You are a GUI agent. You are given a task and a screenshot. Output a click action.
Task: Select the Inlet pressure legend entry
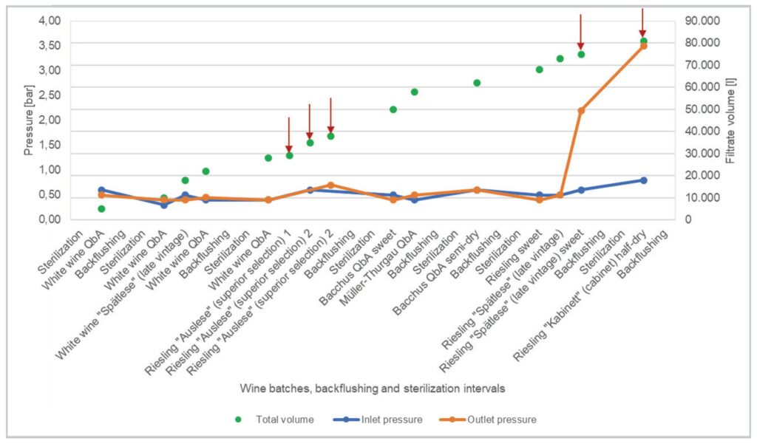click(x=392, y=420)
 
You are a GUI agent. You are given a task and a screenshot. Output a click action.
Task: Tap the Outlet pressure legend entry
click(x=501, y=420)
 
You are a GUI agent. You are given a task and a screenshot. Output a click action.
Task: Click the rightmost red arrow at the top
click(x=643, y=22)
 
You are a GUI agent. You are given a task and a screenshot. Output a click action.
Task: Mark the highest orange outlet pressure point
click(x=643, y=46)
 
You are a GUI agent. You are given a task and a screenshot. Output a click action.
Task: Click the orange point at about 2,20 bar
click(x=581, y=111)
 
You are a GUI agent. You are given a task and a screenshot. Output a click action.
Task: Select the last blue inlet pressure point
click(x=643, y=180)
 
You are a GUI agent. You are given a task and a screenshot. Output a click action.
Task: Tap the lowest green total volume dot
click(x=101, y=209)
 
